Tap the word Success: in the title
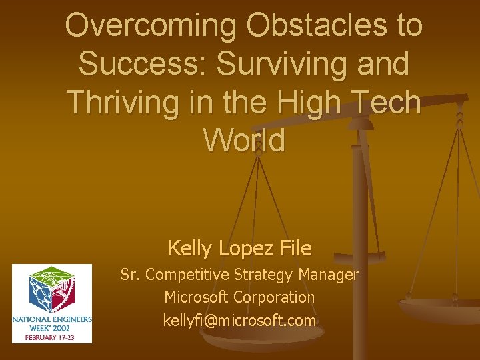coord(143,65)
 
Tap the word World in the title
coord(244,141)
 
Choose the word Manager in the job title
coord(329,274)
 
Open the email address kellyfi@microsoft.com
coord(239,321)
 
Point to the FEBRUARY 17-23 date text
coord(52,337)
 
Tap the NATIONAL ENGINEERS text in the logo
coord(52,319)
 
